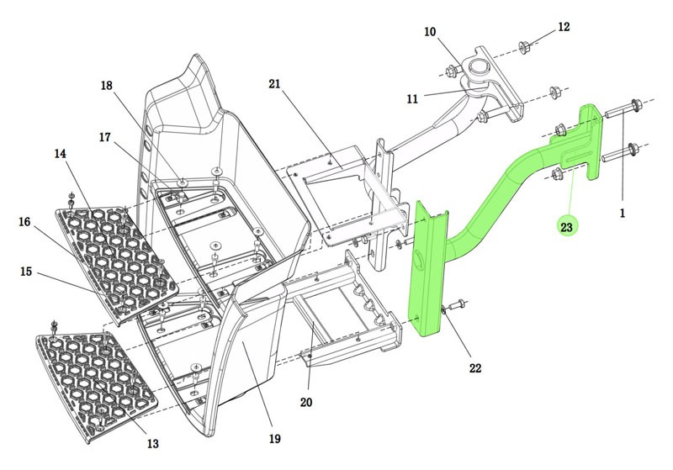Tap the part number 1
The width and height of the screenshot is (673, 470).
pyautogui.click(x=623, y=214)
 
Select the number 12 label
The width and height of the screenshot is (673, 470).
pyautogui.click(x=564, y=27)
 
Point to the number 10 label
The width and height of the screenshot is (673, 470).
pyautogui.click(x=430, y=33)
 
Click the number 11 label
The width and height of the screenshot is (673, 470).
pyautogui.click(x=412, y=98)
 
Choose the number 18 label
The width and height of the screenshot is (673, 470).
pyautogui.click(x=106, y=86)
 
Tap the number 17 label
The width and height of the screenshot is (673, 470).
pyautogui.click(x=104, y=137)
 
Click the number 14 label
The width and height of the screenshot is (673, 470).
pyautogui.click(x=61, y=154)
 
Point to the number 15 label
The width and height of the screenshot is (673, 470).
pyautogui.click(x=26, y=272)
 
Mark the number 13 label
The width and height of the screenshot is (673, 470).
pyautogui.click(x=151, y=443)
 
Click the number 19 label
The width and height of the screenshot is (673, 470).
pyautogui.click(x=275, y=438)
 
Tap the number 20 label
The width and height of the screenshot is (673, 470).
pyautogui.click(x=306, y=403)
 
